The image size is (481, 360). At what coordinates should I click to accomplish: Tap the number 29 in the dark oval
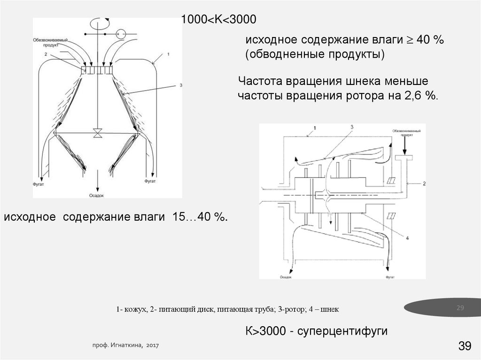tap(460, 308)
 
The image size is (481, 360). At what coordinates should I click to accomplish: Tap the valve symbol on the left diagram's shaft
tap(97, 133)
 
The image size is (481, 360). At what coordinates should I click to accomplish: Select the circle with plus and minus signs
tap(121, 34)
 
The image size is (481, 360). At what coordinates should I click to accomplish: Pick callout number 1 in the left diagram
tap(168, 55)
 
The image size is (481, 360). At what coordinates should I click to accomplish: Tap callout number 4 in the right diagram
tap(407, 238)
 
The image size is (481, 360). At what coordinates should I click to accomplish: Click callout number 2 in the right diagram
tap(424, 183)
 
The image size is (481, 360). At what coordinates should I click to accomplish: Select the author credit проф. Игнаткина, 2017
tap(125, 345)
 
